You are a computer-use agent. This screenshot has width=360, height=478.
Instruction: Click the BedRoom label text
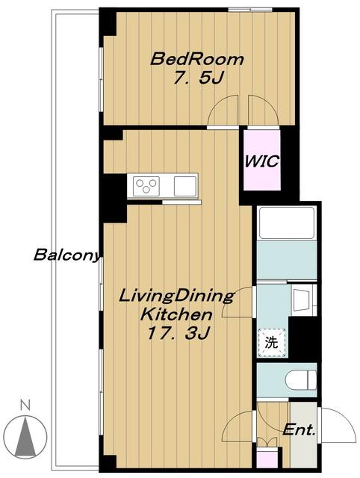point(197,59)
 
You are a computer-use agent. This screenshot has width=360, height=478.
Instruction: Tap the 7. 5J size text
point(199,78)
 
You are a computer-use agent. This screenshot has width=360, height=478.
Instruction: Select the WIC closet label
point(262,161)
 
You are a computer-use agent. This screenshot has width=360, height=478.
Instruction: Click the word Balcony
point(66,255)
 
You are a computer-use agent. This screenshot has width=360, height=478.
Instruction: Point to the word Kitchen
point(176,314)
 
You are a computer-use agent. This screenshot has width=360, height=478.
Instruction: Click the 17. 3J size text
point(178,333)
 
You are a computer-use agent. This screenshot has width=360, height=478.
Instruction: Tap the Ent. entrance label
point(299,430)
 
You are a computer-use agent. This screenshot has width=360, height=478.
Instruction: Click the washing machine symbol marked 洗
point(272,343)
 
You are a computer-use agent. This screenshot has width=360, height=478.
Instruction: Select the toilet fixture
point(301,380)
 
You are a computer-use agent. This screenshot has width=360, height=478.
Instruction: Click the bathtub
point(286,223)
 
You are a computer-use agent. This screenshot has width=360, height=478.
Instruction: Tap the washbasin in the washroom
point(302,299)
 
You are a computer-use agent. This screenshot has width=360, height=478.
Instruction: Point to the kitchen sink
point(185,186)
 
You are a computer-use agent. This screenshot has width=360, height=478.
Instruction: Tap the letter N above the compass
point(25,405)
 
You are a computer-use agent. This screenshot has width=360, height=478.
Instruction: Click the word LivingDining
point(176,297)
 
